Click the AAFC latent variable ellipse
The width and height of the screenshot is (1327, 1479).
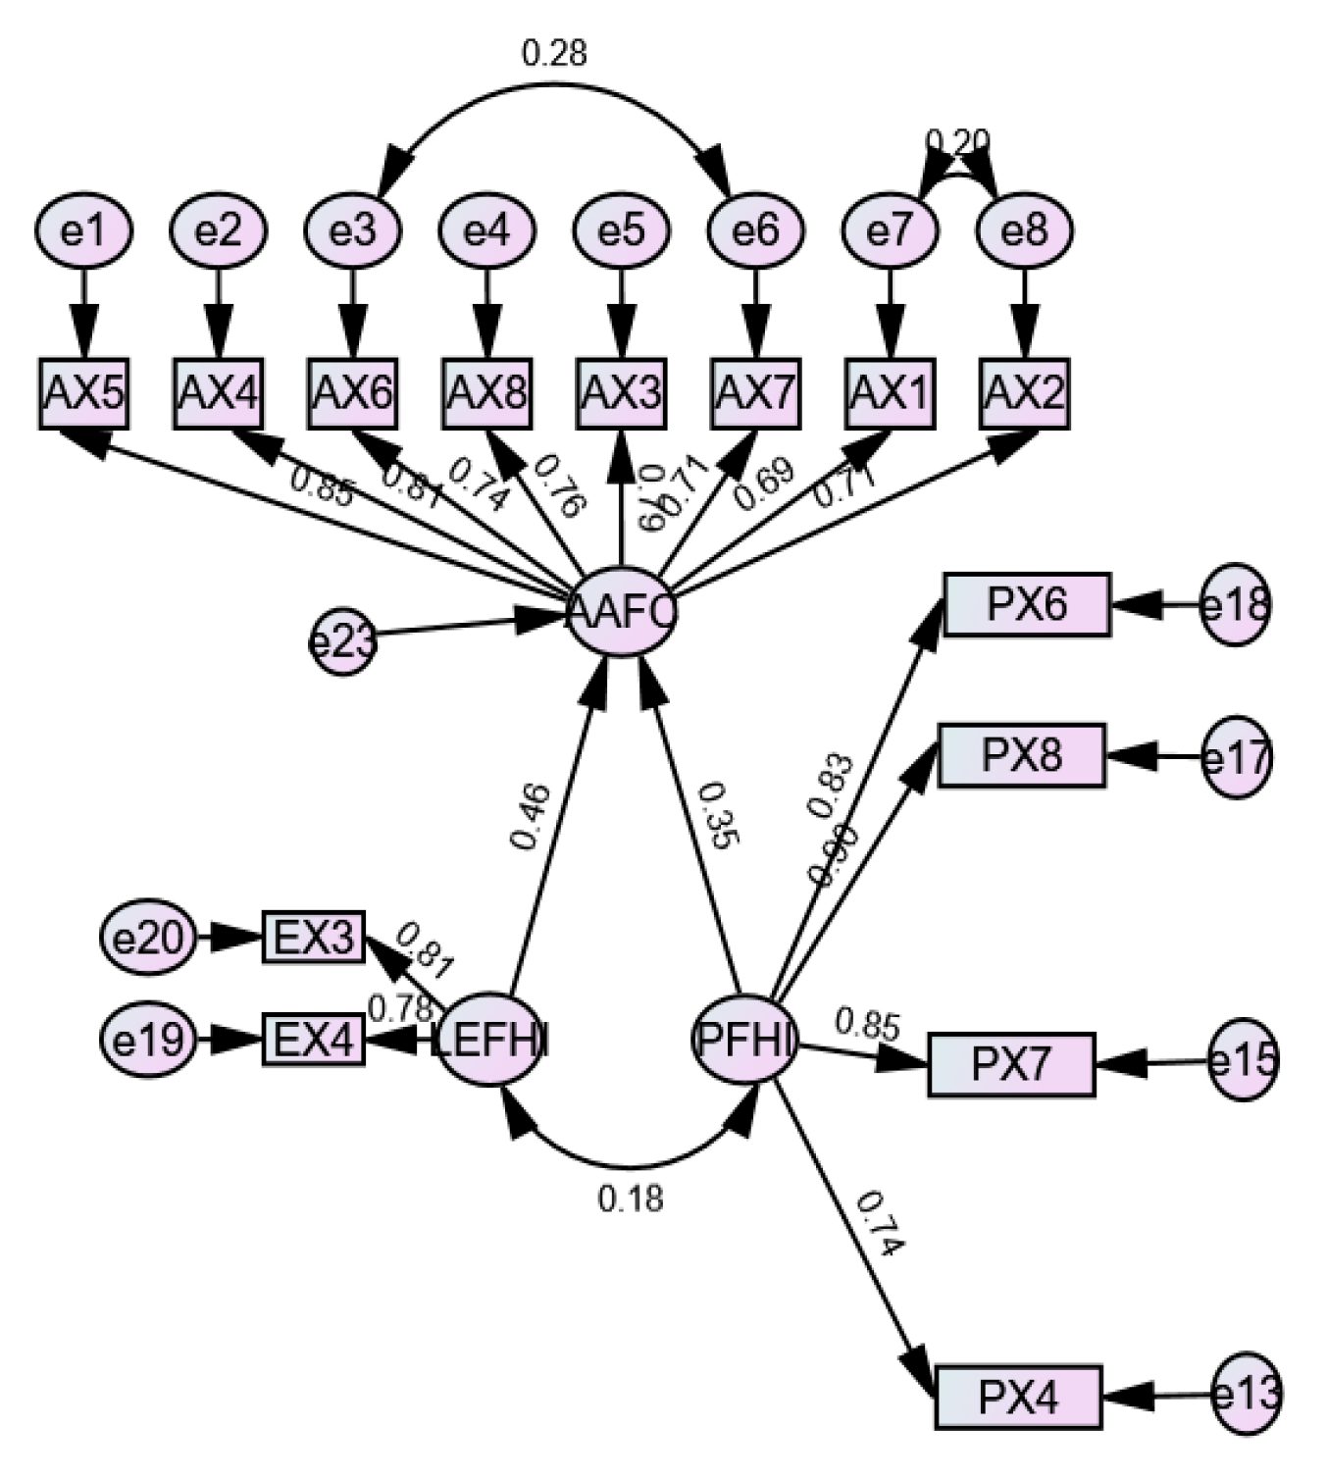(x=622, y=612)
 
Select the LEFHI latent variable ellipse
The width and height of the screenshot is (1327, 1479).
(x=490, y=1039)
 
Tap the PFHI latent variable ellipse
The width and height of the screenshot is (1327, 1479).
(x=744, y=1039)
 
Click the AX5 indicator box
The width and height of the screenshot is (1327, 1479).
(x=84, y=393)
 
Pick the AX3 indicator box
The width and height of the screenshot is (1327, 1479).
(x=621, y=393)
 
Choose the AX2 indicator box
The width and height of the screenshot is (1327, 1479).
(x=1024, y=393)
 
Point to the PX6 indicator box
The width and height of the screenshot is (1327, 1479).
(x=1027, y=604)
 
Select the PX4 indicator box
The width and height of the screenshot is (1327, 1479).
(x=1019, y=1396)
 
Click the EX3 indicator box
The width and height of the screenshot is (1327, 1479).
(x=314, y=937)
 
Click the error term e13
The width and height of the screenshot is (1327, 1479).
(x=1246, y=1394)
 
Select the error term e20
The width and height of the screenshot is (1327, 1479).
(x=147, y=938)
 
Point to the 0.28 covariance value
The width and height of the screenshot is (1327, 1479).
(x=554, y=52)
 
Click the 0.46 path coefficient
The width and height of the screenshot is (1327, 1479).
(x=531, y=817)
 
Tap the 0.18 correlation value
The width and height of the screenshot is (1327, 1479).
(x=631, y=1198)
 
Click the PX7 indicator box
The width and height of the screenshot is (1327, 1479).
(x=1011, y=1064)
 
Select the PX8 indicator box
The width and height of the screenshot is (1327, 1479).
(x=1022, y=755)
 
